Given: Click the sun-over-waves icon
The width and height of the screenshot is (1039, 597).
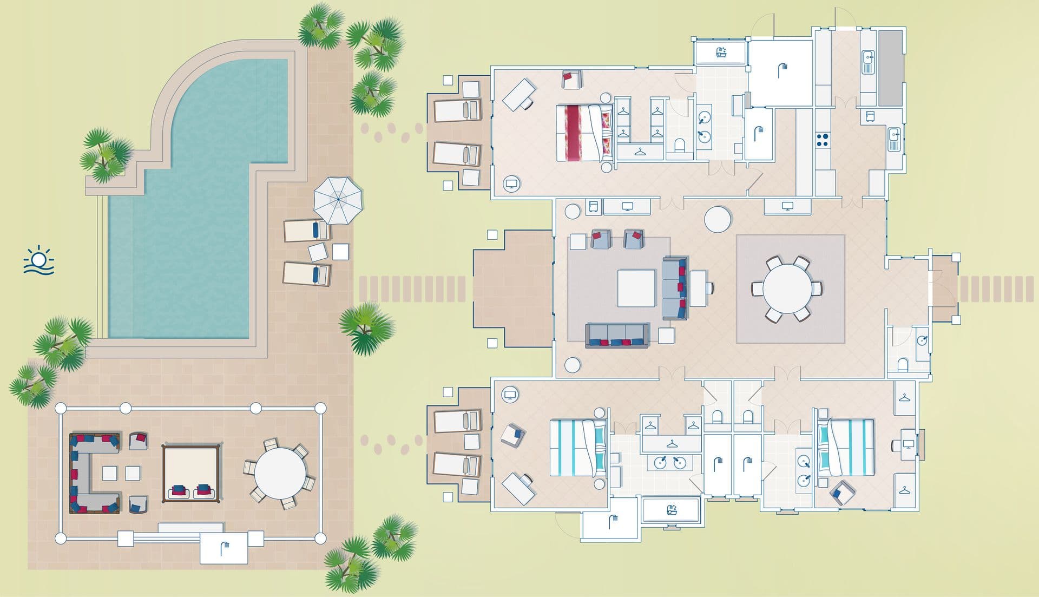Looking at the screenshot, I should pos(38,261).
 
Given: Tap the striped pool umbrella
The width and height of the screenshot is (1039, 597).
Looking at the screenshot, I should pos(338,199).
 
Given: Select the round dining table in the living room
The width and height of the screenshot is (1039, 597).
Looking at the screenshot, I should pos(787,288).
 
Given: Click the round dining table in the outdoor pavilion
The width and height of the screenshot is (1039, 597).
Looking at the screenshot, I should pos(280,474).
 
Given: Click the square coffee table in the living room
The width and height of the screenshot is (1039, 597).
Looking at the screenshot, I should pos(636,288).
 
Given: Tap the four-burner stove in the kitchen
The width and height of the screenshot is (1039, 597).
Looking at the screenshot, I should pos(822,140).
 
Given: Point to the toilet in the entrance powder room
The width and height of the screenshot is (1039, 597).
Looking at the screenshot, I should pos(902,365).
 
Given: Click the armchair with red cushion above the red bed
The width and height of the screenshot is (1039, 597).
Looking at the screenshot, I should pos(571,79).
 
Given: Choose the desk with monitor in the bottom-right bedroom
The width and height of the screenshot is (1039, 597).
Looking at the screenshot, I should pos(908,444).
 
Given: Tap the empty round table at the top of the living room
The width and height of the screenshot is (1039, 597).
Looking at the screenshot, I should pos(718,219).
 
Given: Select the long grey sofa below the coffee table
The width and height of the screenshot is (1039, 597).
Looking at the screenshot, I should pos(617,335).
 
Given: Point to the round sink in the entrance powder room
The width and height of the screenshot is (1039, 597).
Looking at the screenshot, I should pos(922,340).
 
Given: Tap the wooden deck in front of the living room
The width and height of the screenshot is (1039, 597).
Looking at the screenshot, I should pos(512,288).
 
